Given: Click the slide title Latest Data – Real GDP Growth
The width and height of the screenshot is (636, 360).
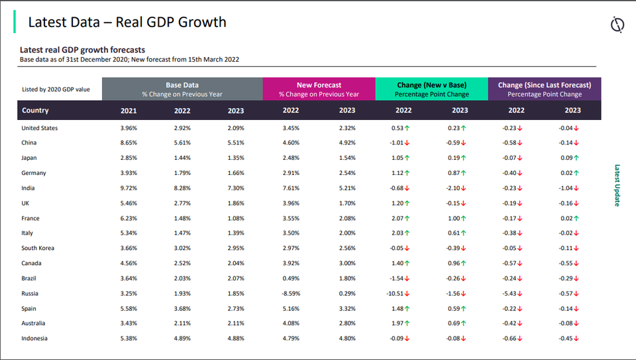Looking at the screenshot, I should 127,23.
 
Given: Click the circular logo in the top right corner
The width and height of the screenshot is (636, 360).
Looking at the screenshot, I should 617,25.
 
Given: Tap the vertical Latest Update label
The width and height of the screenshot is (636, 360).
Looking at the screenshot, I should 617,186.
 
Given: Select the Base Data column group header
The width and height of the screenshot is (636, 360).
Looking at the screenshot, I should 182,90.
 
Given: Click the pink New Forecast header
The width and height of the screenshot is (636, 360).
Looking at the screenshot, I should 319,90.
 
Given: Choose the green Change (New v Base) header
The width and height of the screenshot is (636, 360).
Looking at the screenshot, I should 431,90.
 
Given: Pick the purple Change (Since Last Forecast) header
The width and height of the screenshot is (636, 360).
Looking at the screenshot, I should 545,90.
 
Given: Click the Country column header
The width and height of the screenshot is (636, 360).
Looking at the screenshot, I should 35,111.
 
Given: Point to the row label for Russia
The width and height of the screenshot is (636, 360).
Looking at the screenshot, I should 30,294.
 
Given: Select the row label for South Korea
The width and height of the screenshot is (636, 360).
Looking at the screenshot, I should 38,249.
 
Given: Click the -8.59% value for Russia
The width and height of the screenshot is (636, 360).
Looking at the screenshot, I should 291,294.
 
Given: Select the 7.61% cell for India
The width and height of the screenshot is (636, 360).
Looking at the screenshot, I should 291,188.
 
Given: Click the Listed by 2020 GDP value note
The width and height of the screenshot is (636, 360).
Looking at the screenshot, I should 56,90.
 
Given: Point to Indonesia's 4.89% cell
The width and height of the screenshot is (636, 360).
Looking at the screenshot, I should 182,339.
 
